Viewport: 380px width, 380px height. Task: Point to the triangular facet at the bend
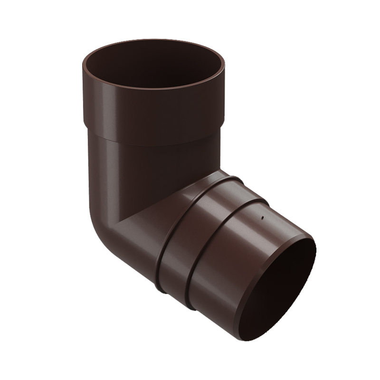(x=147, y=209)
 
